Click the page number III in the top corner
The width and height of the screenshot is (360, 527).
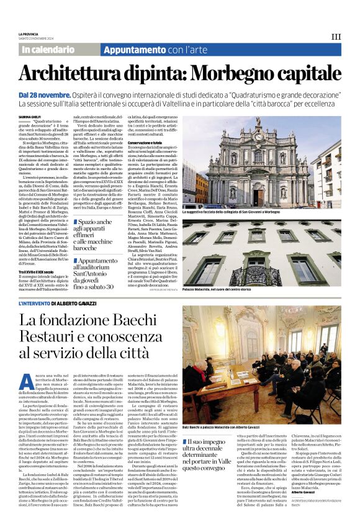336,37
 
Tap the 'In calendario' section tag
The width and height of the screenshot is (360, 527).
47,49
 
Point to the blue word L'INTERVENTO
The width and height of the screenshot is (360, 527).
34,303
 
